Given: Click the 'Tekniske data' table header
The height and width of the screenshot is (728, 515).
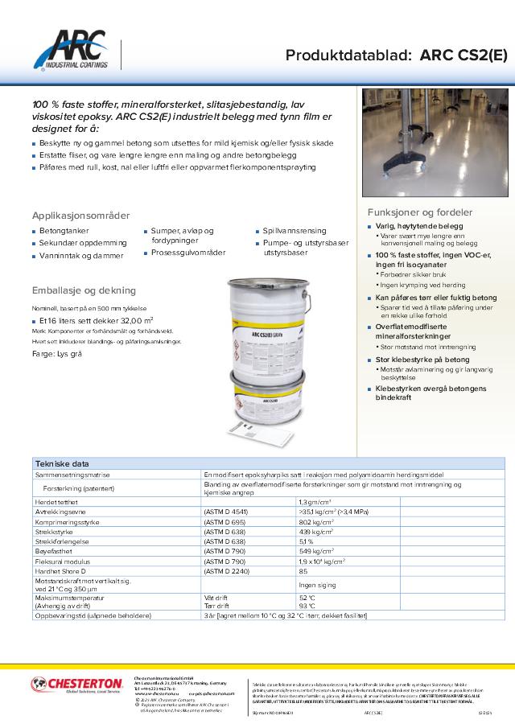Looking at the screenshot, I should pyautogui.click(x=62, y=464).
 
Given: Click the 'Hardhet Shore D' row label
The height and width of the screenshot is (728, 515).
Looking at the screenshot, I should pyautogui.click(x=64, y=570).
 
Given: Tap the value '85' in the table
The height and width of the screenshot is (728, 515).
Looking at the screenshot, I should pyautogui.click(x=303, y=570).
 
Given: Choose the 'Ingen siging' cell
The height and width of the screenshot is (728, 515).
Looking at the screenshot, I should pyautogui.click(x=316, y=585).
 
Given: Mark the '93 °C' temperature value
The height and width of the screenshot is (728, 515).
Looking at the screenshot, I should pyautogui.click(x=307, y=605).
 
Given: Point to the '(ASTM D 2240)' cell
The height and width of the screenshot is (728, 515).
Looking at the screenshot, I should pyautogui.click(x=230, y=570).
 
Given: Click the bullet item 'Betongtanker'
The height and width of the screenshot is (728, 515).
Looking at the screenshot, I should pyautogui.click(x=64, y=231).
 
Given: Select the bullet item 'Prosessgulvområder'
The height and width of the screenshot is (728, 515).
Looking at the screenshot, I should pyautogui.click(x=187, y=253).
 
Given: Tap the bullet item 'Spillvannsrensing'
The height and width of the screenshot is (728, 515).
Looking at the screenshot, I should pyautogui.click(x=295, y=231).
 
